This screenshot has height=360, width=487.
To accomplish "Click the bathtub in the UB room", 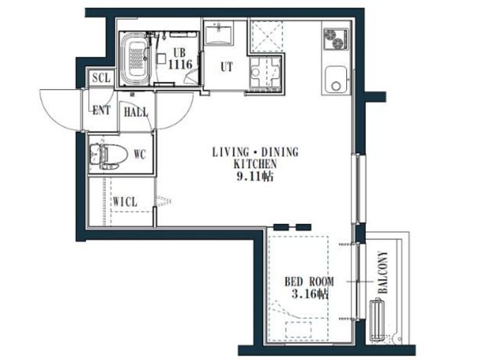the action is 135,59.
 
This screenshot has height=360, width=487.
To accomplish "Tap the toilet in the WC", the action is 108,155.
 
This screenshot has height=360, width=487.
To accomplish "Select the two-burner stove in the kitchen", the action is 336,39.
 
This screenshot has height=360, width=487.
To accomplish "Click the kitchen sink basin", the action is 336,79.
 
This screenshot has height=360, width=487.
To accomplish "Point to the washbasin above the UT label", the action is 218,33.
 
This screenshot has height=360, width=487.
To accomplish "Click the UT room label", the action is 226,67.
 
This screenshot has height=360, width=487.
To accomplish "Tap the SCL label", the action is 101,78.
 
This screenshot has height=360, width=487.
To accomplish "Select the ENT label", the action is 101,110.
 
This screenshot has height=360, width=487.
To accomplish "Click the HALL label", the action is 135,112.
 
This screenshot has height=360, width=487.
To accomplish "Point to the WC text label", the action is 140,154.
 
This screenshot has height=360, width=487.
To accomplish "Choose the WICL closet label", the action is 125,202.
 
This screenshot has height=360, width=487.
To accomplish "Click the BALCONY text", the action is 384,272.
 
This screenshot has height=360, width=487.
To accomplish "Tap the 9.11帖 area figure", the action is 255,177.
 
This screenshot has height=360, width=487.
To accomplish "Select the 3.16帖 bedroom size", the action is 310,294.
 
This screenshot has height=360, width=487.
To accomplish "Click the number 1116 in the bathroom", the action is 180,64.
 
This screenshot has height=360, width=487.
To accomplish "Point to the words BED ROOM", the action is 310,282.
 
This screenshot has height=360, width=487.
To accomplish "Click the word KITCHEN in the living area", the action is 255,164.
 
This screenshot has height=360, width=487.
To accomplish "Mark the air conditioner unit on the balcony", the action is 377,319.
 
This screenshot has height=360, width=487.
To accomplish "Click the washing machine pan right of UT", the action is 266,72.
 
